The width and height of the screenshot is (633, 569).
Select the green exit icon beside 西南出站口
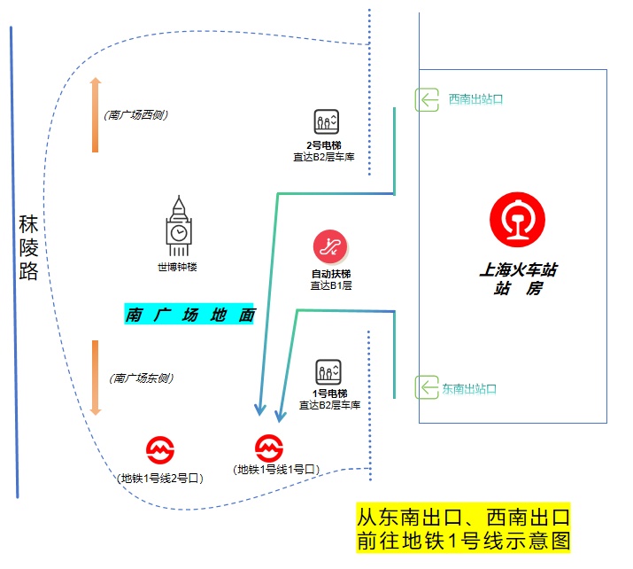click(428, 99)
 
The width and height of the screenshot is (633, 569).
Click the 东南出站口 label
click(469, 388)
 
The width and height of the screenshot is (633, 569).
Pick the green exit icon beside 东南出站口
click(428, 388)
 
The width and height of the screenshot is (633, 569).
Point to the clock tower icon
click(179, 227)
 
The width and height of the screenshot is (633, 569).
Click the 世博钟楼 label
click(177, 268)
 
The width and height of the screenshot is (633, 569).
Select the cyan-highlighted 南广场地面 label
click(189, 315)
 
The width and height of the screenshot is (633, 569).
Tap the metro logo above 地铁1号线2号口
click(159, 449)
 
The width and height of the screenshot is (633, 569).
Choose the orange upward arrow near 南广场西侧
click(96, 114)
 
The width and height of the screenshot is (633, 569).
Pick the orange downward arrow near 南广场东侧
click(96, 378)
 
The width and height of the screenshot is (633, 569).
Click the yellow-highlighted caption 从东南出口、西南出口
click(462, 517)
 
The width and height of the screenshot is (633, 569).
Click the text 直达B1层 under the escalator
click(331, 285)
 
